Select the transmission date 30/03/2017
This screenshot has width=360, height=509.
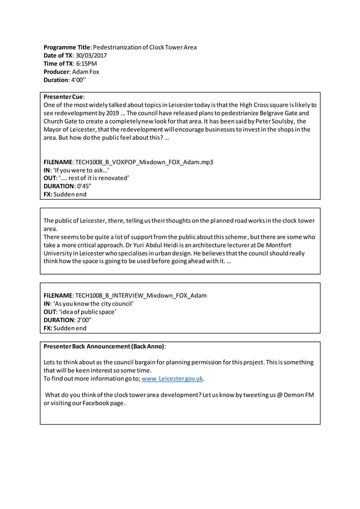(90, 56)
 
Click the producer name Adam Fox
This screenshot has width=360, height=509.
(85, 72)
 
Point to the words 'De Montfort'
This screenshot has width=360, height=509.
(282, 245)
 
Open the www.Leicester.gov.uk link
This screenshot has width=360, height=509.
(172, 379)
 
